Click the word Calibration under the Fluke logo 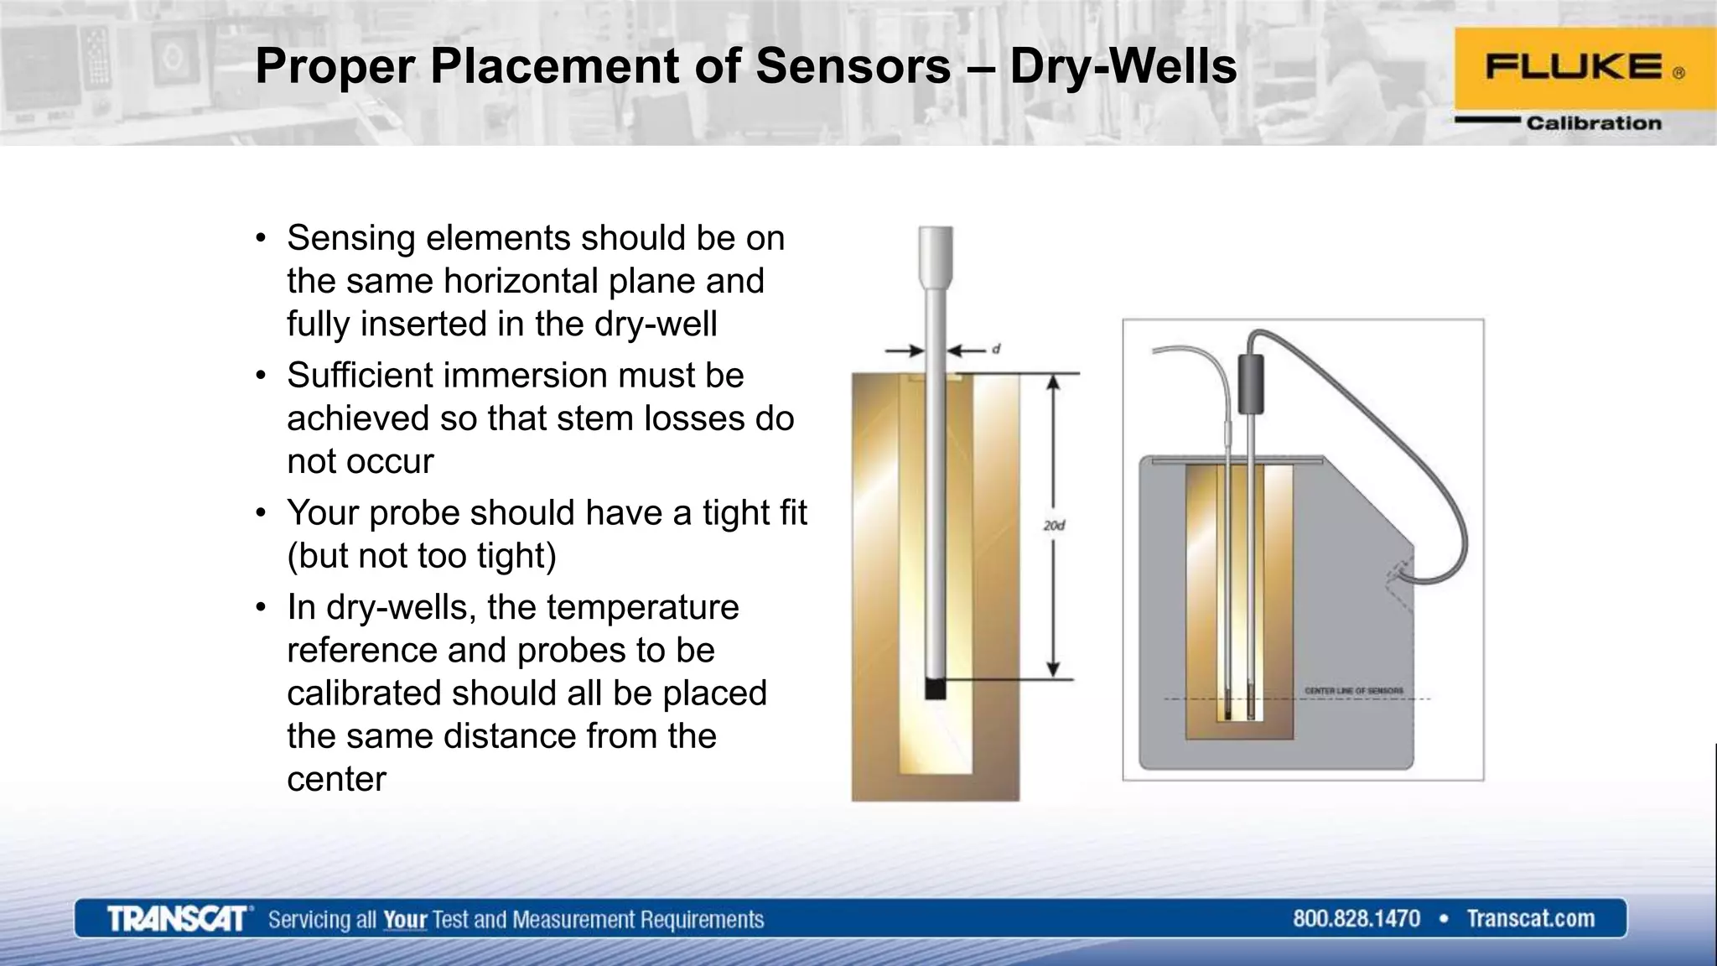[x=1593, y=123]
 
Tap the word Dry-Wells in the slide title [x=1123, y=66]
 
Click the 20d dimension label [x=1054, y=526]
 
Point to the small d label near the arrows [x=996, y=349]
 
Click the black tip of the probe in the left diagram [x=936, y=688]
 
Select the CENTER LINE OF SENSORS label [x=1353, y=691]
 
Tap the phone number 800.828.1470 [x=1356, y=919]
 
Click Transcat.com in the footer [x=1530, y=919]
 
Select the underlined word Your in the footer [x=405, y=920]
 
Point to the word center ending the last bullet [x=336, y=779]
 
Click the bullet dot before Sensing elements [x=262, y=239]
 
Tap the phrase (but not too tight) [x=422, y=556]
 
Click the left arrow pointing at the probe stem [x=905, y=351]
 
